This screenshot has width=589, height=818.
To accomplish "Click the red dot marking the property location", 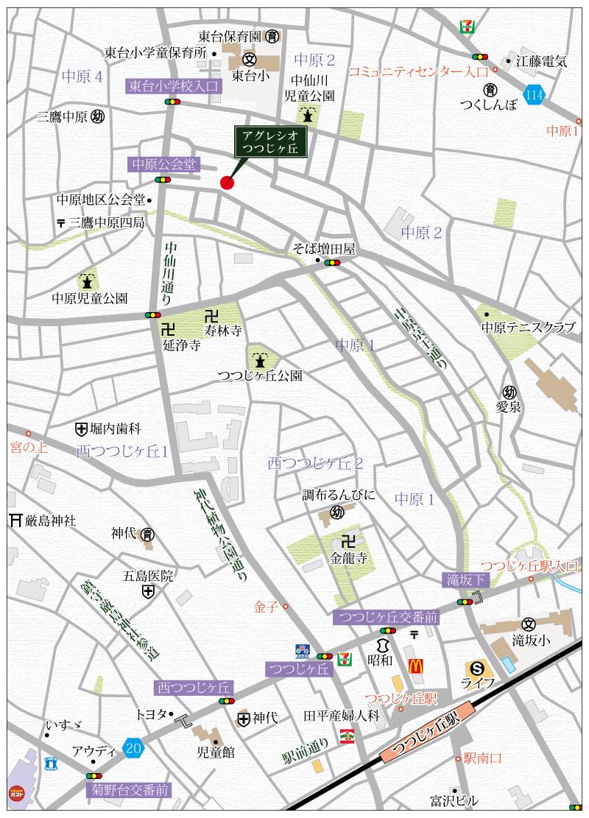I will click(x=227, y=183).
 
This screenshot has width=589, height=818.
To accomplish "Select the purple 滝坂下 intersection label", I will click(x=465, y=580).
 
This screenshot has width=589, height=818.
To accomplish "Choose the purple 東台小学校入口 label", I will click(x=173, y=87).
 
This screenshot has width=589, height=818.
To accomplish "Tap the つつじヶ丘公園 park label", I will click(x=260, y=375).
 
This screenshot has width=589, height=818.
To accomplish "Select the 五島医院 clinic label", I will click(x=148, y=576).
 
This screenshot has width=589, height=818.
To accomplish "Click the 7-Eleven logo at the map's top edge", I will click(x=465, y=26).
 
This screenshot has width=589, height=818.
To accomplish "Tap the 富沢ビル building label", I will click(x=454, y=800).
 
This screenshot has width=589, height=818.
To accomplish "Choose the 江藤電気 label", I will click(x=541, y=62).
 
